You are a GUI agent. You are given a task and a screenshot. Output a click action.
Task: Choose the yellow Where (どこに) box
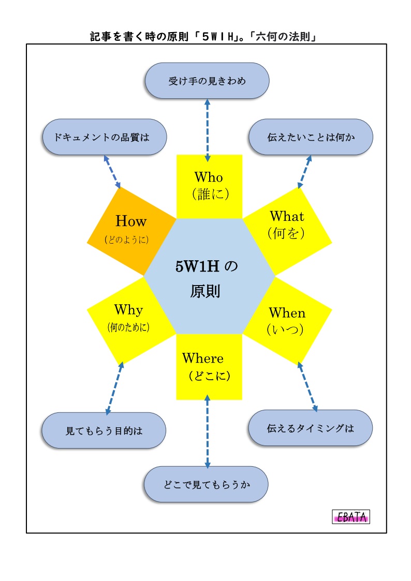(209, 367)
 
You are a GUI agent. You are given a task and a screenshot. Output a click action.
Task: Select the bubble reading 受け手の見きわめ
(207, 81)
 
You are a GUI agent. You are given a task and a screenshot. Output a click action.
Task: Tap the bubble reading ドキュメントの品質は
(104, 137)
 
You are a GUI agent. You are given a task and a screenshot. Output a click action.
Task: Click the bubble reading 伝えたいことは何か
(311, 137)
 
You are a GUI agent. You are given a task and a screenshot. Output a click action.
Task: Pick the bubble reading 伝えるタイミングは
(311, 428)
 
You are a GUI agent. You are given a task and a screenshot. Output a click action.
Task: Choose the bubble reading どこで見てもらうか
(207, 484)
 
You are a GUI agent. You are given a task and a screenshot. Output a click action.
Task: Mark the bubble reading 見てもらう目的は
(104, 430)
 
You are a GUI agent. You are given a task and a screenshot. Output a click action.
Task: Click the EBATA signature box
(351, 517)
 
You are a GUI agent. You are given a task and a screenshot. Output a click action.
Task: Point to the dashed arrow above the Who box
(208, 126)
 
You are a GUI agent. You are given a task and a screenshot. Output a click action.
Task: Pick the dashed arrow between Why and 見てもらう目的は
(114, 388)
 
